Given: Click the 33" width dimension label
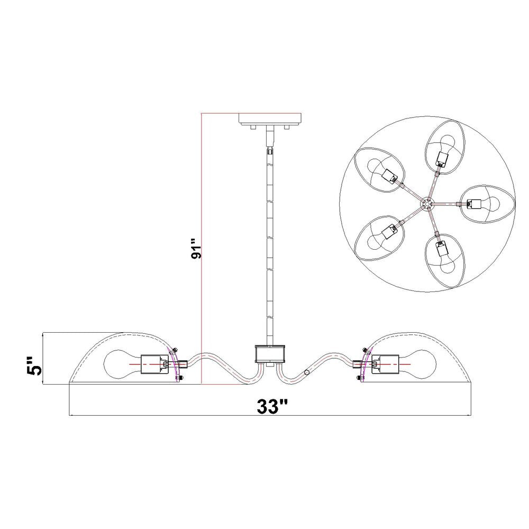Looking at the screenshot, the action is tap(272, 406).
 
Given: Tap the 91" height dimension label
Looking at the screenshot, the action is tap(196, 249).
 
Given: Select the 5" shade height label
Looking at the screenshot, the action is tap(34, 365).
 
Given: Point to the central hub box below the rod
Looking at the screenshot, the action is tap(270, 353).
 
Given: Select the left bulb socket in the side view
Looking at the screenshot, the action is tap(154, 364).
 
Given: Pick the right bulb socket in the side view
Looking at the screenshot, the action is tap(385, 364).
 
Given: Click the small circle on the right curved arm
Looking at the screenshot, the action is tap(307, 372).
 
